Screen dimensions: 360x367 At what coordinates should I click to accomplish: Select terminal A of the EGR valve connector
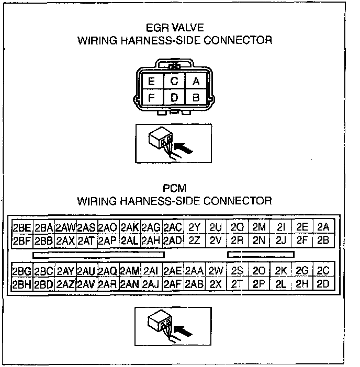point(196,81)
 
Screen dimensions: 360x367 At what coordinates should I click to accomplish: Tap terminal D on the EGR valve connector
point(174,97)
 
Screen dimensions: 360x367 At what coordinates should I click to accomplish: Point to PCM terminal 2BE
point(21,227)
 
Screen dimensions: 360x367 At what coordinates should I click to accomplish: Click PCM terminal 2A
point(323,226)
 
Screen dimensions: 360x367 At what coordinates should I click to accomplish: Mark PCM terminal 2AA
point(194,271)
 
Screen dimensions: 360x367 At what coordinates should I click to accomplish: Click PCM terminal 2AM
point(129,271)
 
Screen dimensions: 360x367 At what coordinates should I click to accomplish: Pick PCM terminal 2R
point(237,241)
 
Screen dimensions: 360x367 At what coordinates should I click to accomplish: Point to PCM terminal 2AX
point(65,241)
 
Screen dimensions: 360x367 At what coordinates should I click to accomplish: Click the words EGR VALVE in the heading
point(174,28)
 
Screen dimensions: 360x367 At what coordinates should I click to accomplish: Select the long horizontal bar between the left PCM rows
point(98,255)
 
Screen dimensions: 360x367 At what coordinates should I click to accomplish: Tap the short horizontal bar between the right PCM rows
point(261,255)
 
